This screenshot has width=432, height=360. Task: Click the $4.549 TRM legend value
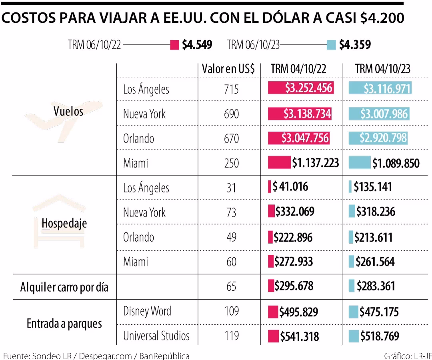point(197,45)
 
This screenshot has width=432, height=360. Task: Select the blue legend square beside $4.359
point(331,45)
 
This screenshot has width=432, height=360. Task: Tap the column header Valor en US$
point(228,69)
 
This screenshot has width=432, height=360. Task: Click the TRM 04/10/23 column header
point(382,69)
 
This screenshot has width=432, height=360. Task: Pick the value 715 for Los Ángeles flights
point(231,89)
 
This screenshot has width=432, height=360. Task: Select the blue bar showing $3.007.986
point(378,114)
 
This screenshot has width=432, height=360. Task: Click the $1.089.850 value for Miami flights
point(396,164)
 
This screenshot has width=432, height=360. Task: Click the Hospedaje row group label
point(64,224)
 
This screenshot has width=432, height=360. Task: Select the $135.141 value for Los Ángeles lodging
point(372,187)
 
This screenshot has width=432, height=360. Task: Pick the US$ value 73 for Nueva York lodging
point(231,212)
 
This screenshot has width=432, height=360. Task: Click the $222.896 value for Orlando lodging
point(293,237)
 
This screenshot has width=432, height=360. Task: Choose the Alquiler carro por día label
point(64,287)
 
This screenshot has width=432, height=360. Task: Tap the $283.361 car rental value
point(376,286)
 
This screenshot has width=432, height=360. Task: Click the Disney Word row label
point(147,311)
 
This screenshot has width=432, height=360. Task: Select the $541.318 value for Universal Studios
point(299,336)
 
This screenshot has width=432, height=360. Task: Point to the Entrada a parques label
point(64,324)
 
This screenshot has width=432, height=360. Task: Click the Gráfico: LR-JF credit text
point(406,356)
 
